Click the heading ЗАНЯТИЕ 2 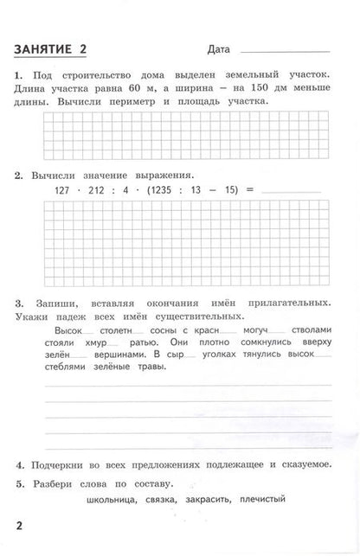[x=57, y=47]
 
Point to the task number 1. [x=19, y=77]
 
